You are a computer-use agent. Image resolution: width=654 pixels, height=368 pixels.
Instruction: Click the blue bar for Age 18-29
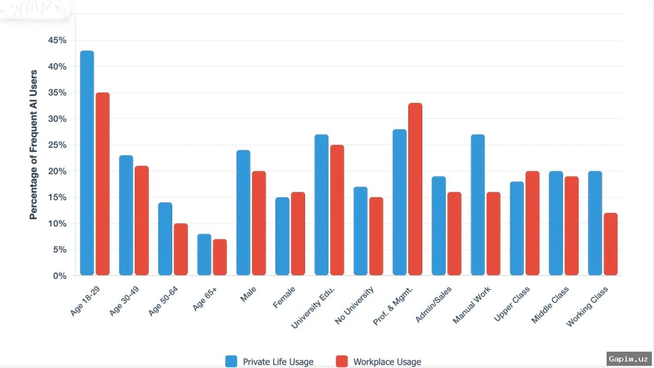pos(87,163)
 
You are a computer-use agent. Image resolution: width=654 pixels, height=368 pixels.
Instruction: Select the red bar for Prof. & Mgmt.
pos(415,189)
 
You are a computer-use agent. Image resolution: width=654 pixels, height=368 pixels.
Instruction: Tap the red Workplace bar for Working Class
pos(610,244)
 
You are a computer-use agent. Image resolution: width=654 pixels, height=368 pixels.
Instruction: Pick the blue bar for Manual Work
pos(477,205)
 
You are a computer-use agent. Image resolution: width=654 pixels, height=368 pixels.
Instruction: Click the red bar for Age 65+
pos(220,257)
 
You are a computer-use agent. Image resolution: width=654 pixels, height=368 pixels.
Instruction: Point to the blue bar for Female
pos(282,236)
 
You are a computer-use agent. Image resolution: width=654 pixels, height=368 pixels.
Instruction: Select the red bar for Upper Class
pos(532,223)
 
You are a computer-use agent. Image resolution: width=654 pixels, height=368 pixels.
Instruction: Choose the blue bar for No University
pos(361,231)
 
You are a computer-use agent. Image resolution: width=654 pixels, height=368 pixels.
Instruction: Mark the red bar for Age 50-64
pos(181,250)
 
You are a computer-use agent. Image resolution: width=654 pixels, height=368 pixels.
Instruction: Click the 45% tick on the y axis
pos(57,40)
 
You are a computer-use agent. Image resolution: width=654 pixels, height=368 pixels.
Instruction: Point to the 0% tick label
pos(60,276)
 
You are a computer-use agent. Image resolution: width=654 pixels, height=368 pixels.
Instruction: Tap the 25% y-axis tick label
pos(57,145)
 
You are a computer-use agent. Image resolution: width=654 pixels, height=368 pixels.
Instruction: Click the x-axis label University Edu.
pos(313,307)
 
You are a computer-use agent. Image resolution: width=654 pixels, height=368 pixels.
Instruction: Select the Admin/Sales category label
pos(434,304)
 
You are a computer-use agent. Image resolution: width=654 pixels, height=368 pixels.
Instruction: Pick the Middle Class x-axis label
pos(550,305)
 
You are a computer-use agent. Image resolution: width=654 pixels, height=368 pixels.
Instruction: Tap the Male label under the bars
pos(248,294)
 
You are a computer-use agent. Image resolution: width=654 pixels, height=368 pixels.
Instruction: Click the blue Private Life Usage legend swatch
pos(231,361)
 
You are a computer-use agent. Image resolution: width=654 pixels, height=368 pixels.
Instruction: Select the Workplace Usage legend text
pos(387,362)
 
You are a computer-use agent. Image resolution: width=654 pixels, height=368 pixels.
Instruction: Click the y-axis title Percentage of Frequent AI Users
pos(34,144)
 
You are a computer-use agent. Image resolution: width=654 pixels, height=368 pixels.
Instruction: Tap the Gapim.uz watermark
pos(628,359)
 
